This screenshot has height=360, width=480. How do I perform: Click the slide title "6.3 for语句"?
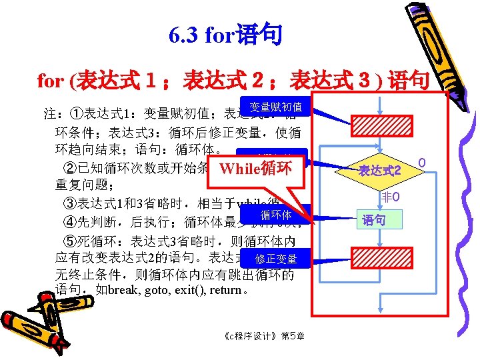(x=225, y=35)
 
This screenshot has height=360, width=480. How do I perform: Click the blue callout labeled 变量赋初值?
(x=275, y=107)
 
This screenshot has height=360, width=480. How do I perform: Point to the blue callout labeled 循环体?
(x=275, y=215)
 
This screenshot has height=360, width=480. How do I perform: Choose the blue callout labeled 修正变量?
(x=275, y=259)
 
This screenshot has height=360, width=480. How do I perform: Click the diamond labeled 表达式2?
(x=379, y=171)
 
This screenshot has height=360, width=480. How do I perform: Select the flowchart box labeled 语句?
(x=374, y=220)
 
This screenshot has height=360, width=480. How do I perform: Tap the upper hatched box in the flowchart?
(x=379, y=126)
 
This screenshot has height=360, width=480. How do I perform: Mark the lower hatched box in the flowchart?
(x=379, y=257)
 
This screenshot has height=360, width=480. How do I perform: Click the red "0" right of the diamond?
(x=421, y=162)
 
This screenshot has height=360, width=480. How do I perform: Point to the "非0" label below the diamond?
(x=390, y=197)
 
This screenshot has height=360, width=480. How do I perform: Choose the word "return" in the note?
(x=229, y=291)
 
